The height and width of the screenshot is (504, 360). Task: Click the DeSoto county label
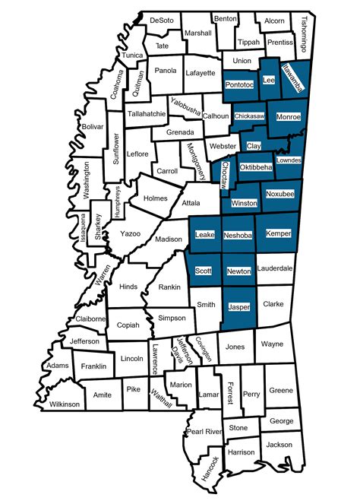[161, 20]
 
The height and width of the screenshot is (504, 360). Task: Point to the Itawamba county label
[292, 79]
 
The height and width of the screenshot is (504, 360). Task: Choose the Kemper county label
[279, 234]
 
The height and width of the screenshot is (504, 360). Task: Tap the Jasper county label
[239, 306]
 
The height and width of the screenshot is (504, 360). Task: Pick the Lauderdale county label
[276, 268]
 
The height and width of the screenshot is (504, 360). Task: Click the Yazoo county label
[130, 233]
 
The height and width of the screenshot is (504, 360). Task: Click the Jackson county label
[279, 444]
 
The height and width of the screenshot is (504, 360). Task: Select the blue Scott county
[203, 271]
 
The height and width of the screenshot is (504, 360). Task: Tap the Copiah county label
[128, 325]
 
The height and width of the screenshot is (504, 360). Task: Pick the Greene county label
[280, 391]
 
